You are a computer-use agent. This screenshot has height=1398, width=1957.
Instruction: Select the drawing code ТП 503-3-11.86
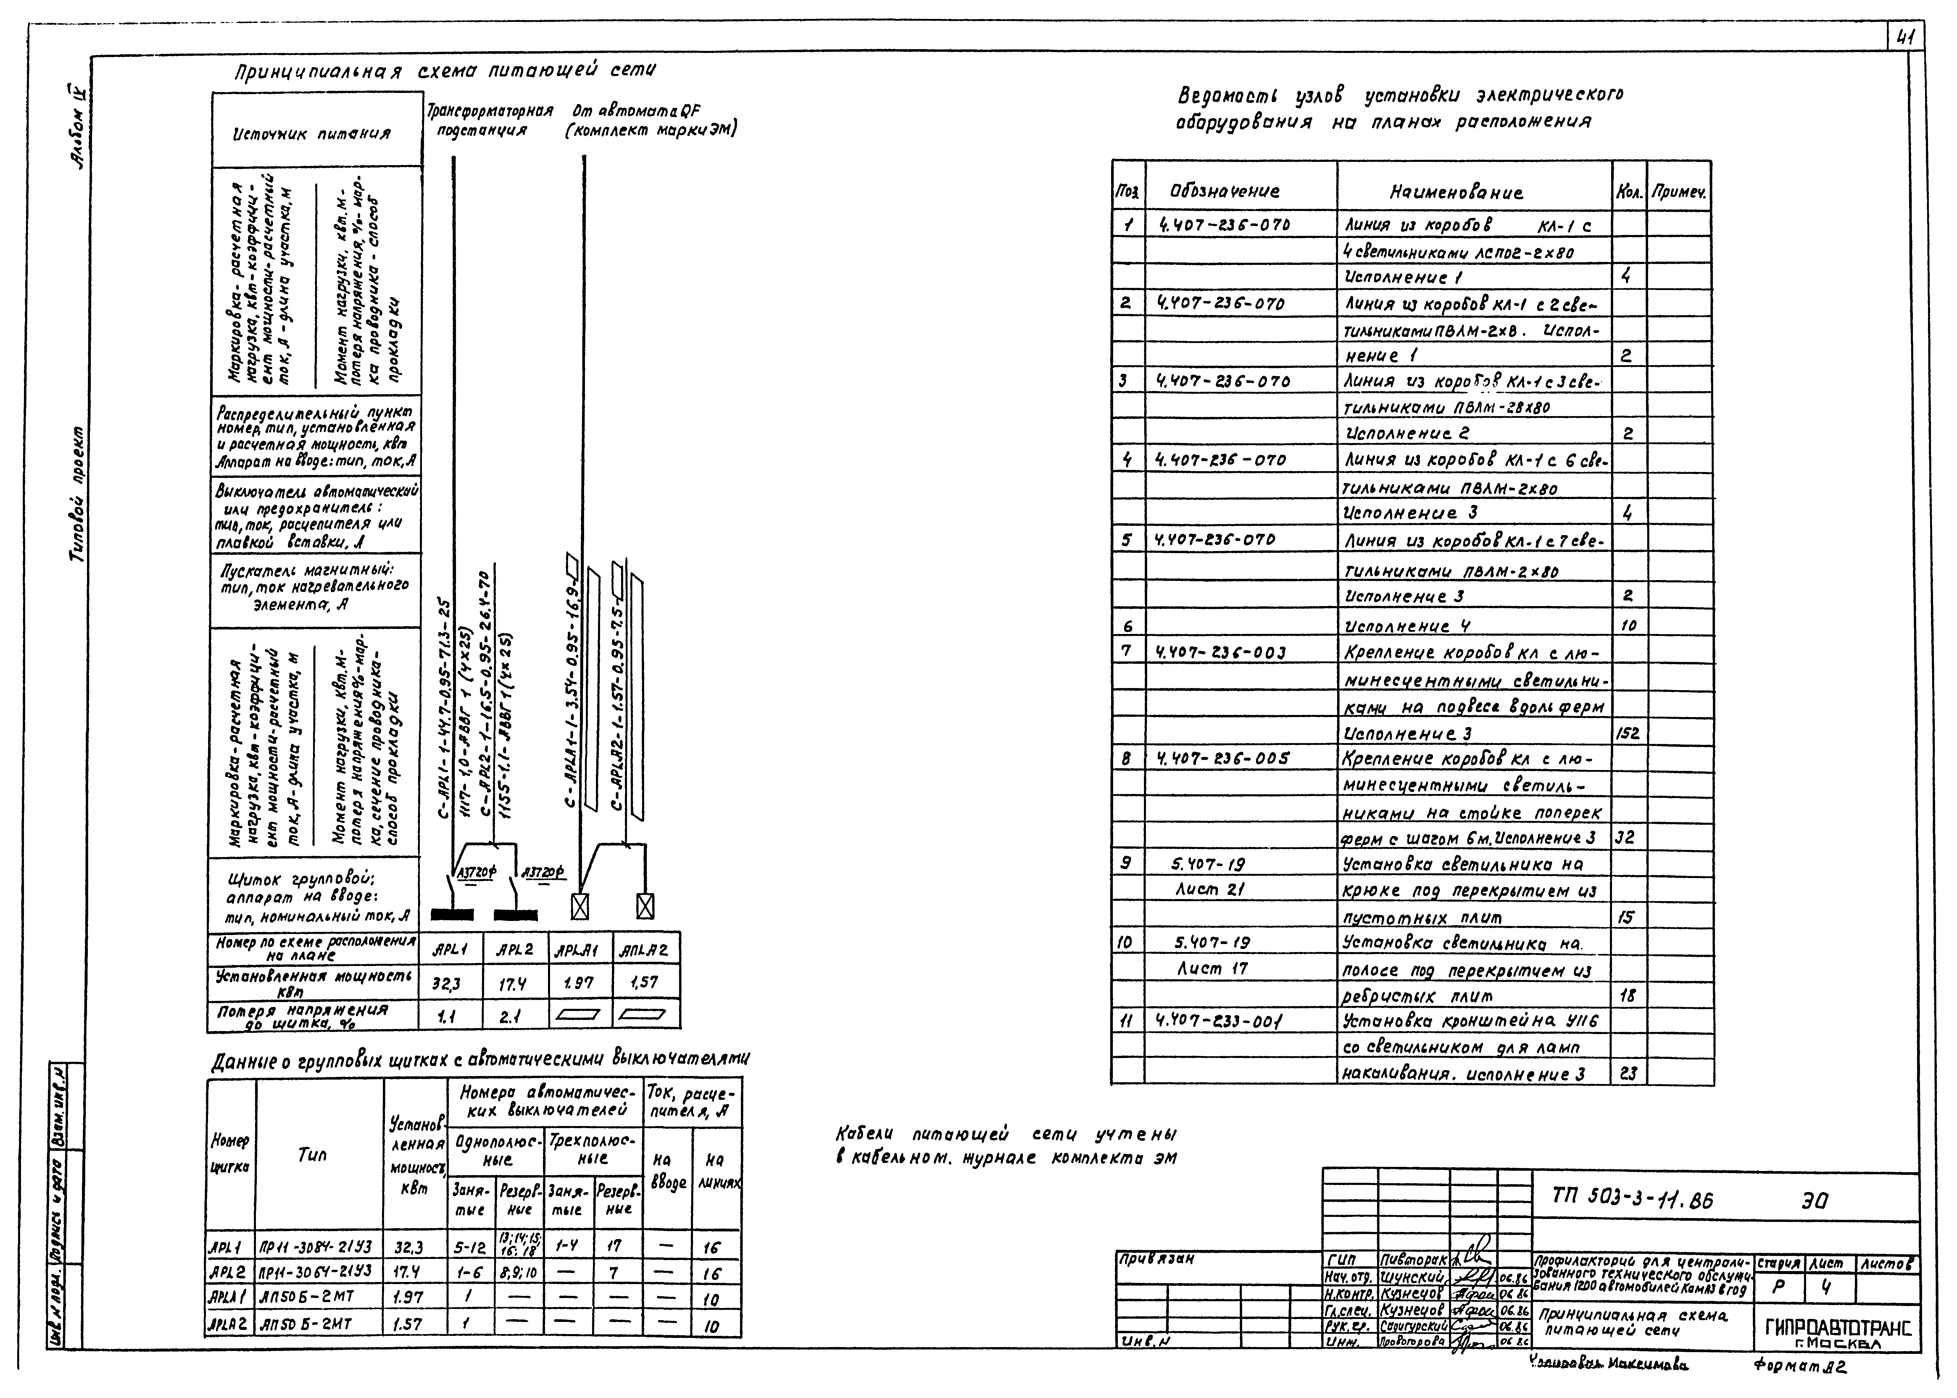click(1632, 1198)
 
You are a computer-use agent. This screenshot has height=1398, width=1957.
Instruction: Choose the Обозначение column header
click(1225, 191)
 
